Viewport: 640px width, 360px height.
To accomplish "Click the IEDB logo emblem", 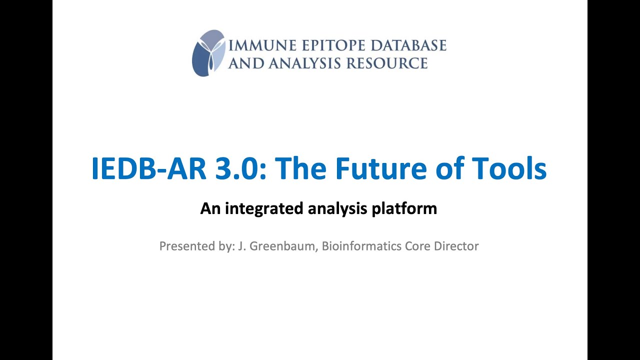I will (x=209, y=53).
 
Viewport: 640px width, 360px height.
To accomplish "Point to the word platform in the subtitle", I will (x=404, y=209).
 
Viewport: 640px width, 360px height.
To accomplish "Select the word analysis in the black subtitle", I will (x=338, y=209).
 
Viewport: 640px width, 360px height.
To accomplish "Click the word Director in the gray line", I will (x=456, y=246).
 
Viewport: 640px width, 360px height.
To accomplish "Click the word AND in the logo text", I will (x=246, y=63).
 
